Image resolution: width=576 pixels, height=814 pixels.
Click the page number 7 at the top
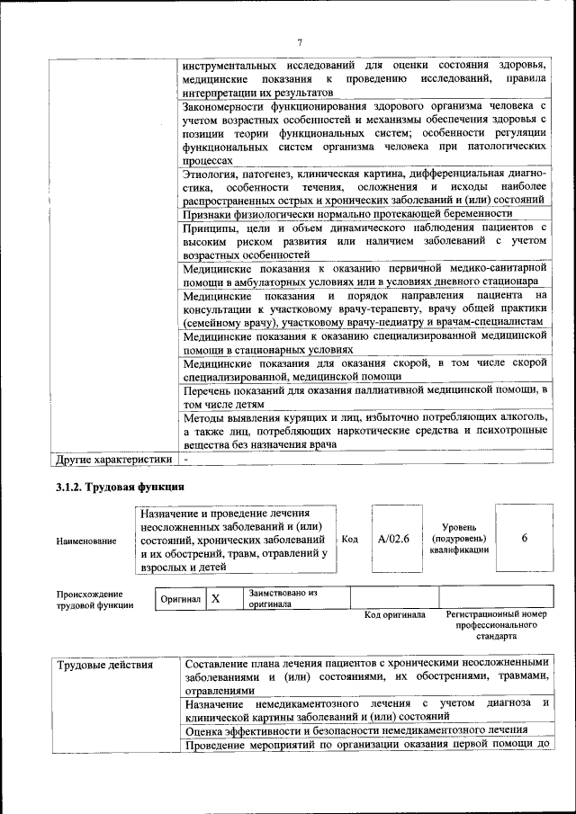pos(301,40)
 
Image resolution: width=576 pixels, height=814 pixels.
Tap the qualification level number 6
pos(525,537)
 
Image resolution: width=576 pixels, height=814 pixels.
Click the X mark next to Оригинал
pos(215,598)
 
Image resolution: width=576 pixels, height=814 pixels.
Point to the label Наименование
pos(86,541)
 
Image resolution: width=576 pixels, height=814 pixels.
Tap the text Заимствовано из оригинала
pos(283,599)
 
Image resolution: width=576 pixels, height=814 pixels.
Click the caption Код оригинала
pos(394,615)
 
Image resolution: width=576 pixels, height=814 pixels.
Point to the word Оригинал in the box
pos(180,599)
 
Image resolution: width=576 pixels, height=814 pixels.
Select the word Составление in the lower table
pos(222,666)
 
